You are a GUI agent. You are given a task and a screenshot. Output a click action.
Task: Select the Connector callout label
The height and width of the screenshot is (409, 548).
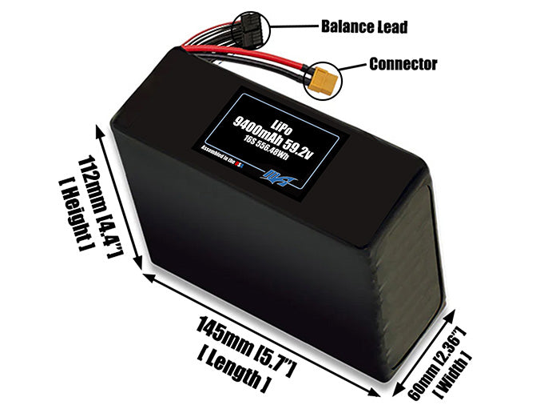coord(403,63)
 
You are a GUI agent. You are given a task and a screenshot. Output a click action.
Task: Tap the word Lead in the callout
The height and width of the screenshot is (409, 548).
coord(391,27)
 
